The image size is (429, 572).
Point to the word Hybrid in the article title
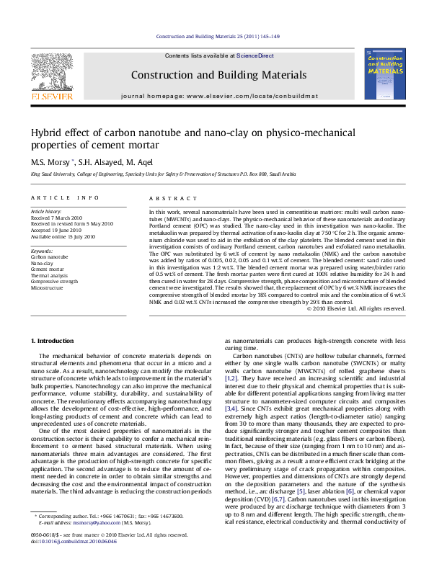pyautogui.click(x=45, y=133)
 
